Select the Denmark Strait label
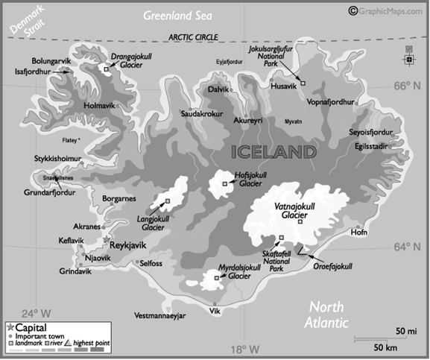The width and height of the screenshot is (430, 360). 25,22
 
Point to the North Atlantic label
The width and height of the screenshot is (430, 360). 328,315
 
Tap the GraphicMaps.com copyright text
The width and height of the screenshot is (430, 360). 388,9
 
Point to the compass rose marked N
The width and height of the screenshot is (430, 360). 408,58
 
